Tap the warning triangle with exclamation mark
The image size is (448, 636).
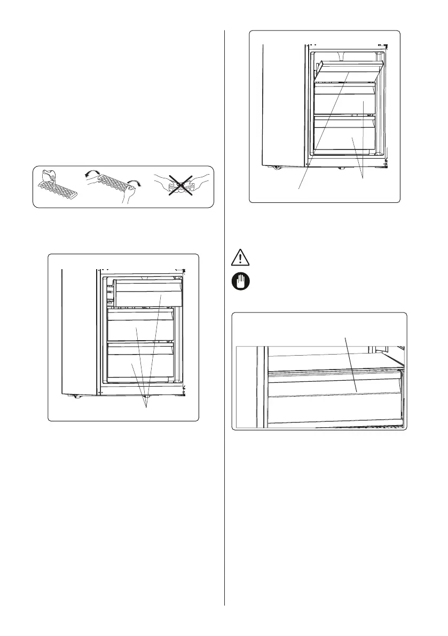(240, 259)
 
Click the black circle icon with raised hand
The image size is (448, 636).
(240, 282)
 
